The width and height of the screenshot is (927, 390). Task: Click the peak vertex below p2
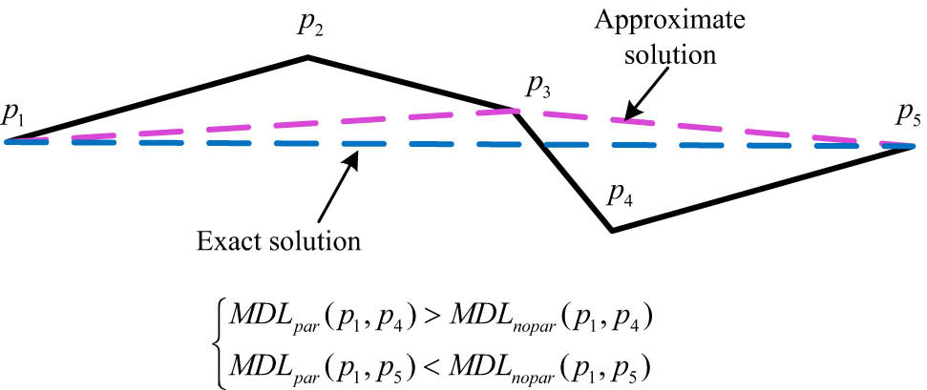pyautogui.click(x=307, y=56)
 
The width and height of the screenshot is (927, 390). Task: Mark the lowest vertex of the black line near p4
pyautogui.click(x=612, y=230)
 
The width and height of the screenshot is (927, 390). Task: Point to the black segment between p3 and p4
pyautogui.click(x=563, y=169)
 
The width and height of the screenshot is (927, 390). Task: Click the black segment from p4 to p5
pyautogui.click(x=763, y=189)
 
